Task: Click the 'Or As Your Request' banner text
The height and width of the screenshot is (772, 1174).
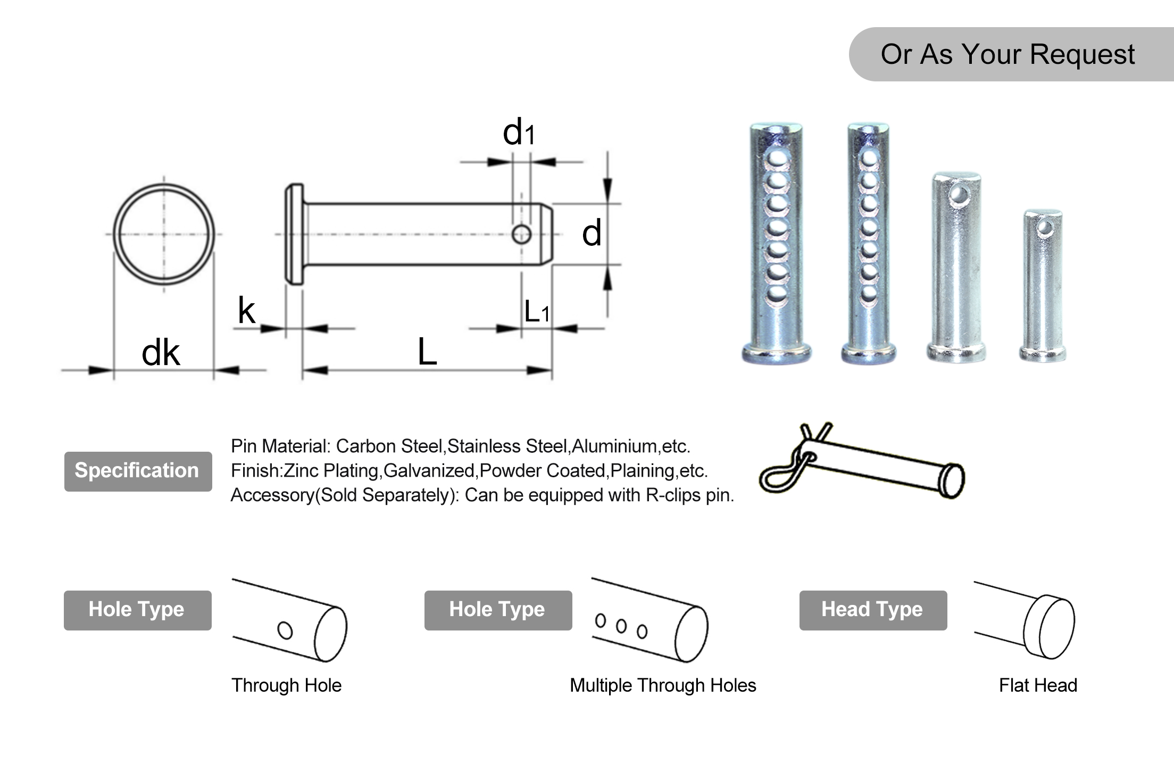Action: [x=1007, y=54]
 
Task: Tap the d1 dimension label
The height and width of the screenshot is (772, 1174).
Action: [x=518, y=132]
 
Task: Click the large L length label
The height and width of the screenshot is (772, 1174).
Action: [x=427, y=352]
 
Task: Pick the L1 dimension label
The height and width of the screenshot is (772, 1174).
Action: [x=536, y=312]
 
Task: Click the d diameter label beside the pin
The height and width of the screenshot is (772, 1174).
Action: [x=592, y=234]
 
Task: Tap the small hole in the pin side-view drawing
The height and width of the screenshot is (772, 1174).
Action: [x=521, y=234]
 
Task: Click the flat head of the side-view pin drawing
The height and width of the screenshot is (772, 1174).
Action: [x=294, y=234]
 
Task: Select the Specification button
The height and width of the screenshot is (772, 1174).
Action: [x=138, y=471]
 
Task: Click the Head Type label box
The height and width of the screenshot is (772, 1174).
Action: [x=872, y=610]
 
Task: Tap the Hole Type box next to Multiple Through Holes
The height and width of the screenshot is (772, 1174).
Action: [x=497, y=610]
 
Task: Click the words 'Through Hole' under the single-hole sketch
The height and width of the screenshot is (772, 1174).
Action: [x=286, y=685]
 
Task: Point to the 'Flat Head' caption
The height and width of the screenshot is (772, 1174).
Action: [x=1037, y=685]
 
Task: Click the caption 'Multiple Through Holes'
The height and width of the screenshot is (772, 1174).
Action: [x=662, y=685]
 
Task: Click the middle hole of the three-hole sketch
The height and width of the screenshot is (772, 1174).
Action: [x=621, y=626]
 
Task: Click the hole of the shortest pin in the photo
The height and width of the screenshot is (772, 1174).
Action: [x=1044, y=228]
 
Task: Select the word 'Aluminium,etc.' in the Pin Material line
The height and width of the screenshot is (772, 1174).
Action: [x=630, y=446]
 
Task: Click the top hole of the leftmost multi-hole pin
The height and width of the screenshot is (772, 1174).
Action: [x=777, y=158]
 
